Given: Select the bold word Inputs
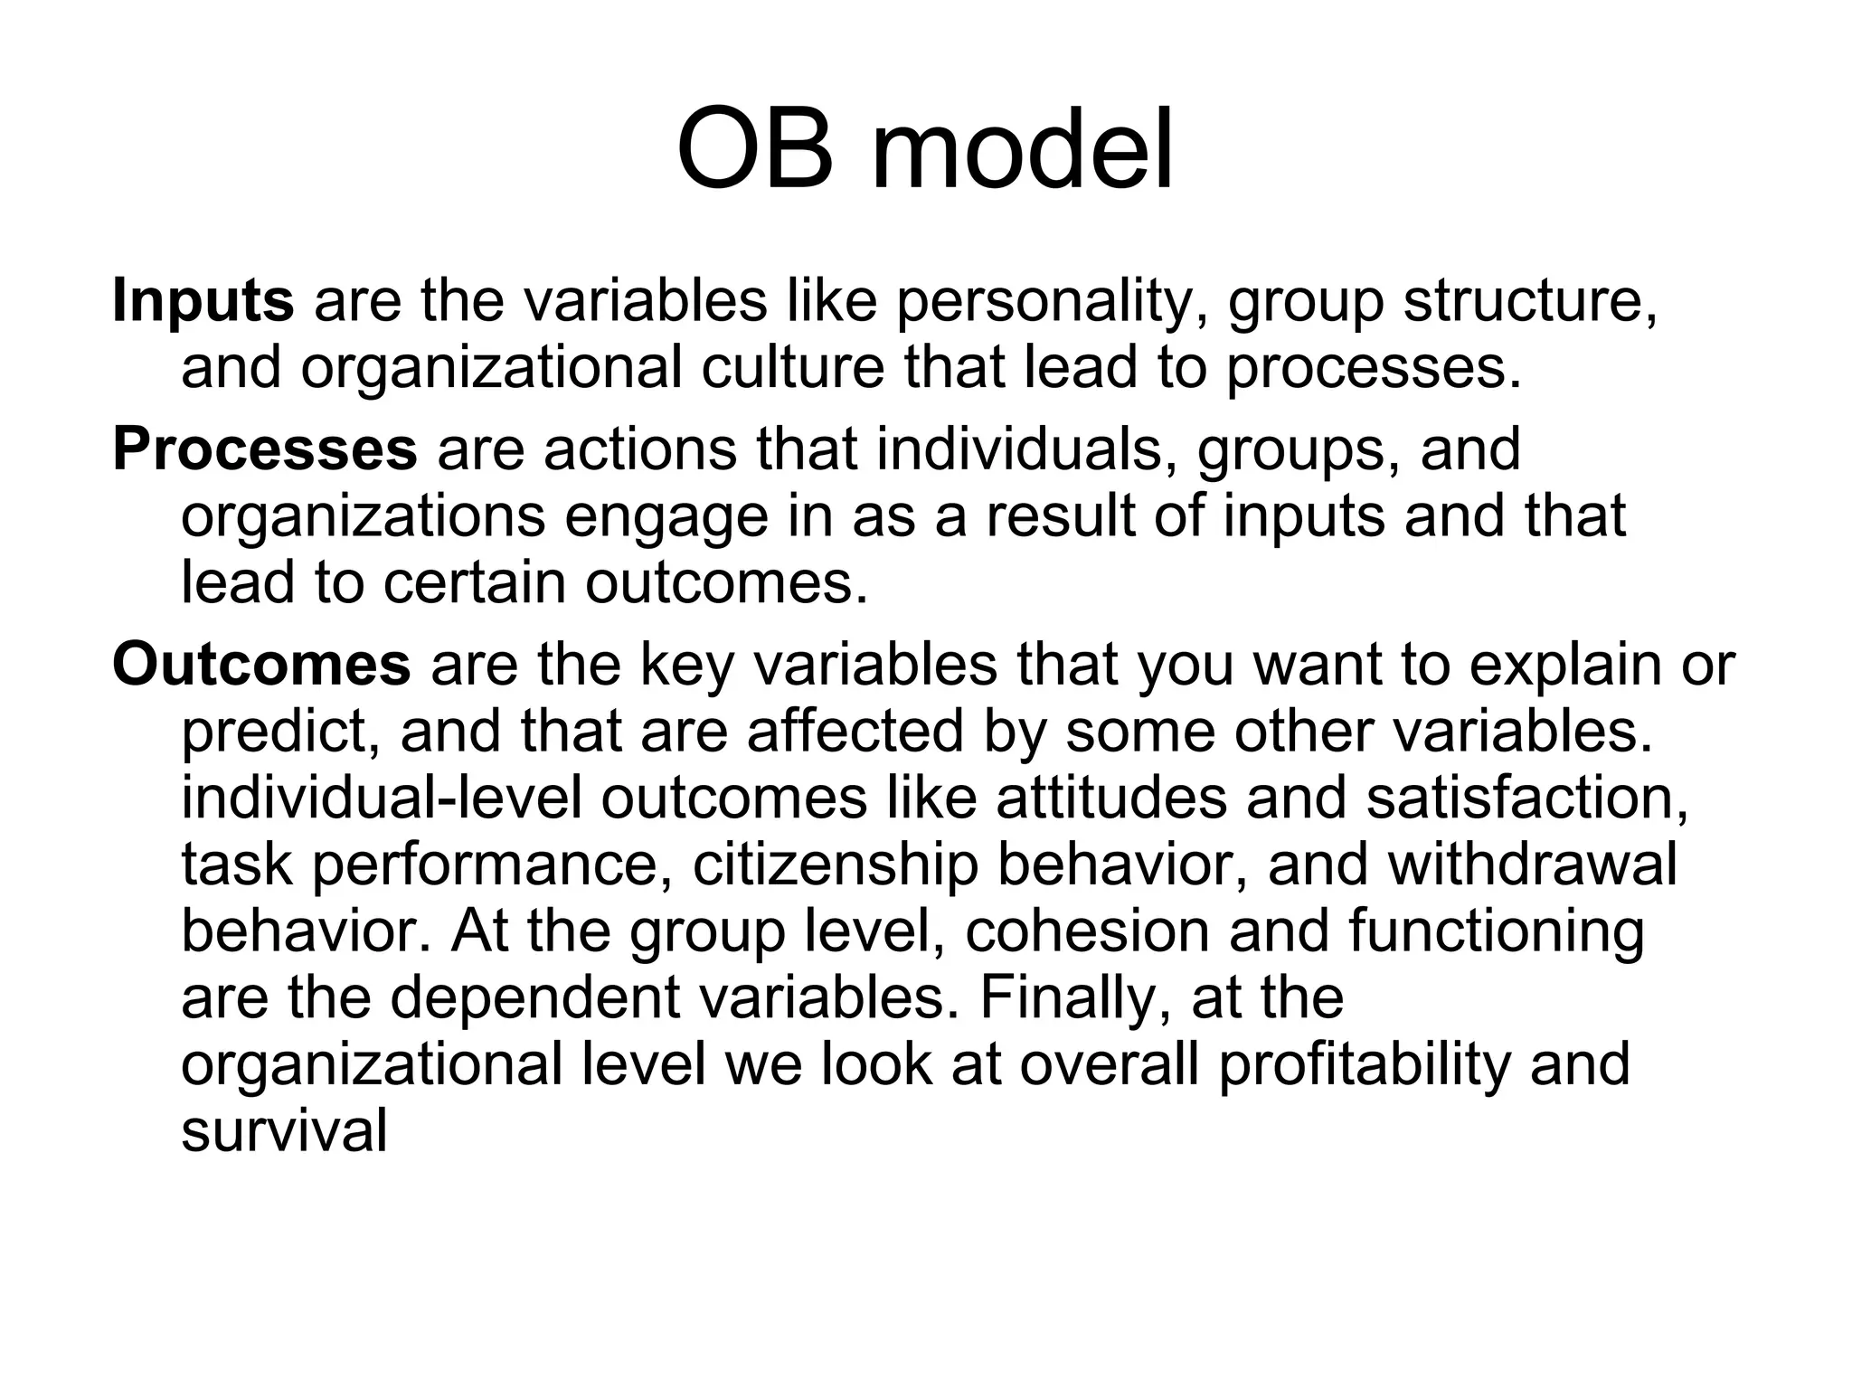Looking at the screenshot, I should pos(203,301).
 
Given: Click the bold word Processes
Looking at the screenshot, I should pos(264,449).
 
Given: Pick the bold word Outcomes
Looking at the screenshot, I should pos(261,665).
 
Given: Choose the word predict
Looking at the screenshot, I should pos(280,732).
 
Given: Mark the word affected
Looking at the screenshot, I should pos(855,731).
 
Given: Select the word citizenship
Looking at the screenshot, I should pos(836,865).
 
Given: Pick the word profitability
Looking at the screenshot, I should pos(1365,1065).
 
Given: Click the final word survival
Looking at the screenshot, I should pos(284,1130).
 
